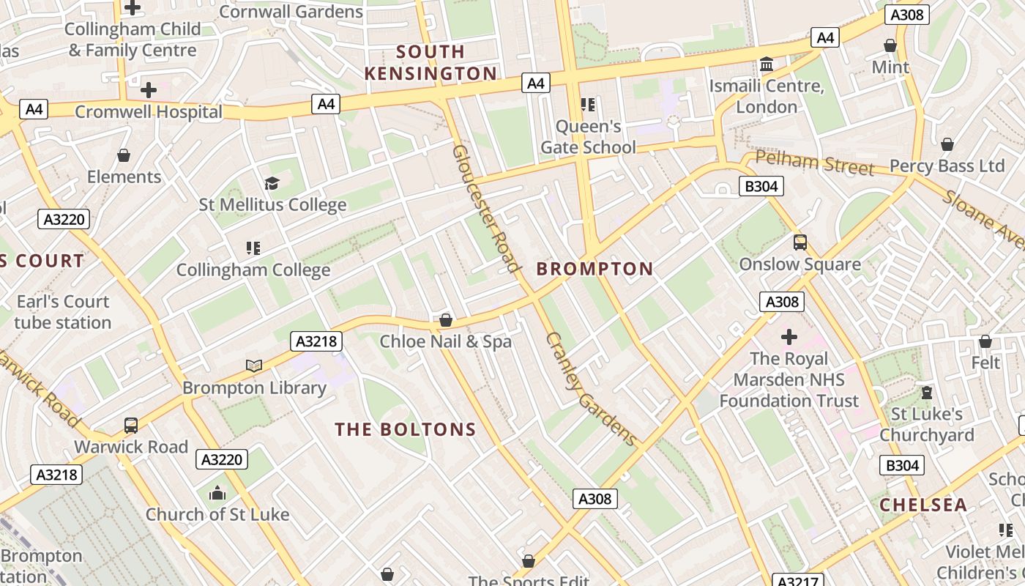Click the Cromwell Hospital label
click(x=148, y=112)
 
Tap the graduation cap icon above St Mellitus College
click(x=272, y=183)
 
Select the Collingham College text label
click(x=253, y=270)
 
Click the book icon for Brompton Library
click(x=254, y=366)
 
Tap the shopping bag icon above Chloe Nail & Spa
click(x=445, y=320)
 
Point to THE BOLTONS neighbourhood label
click(x=406, y=429)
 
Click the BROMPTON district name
click(x=594, y=269)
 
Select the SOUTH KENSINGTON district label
click(x=430, y=62)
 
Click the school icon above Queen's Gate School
click(x=587, y=105)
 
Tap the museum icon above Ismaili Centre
click(x=767, y=64)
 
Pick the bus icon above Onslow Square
click(x=799, y=242)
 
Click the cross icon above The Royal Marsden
click(x=789, y=337)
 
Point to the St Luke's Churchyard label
click(x=926, y=424)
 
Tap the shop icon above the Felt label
click(x=985, y=341)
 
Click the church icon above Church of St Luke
click(x=217, y=493)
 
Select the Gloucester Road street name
click(x=485, y=208)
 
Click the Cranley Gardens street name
click(x=592, y=388)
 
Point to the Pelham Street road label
click(x=814, y=163)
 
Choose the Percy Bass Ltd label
click(x=947, y=166)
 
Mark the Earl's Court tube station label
click(x=63, y=311)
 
